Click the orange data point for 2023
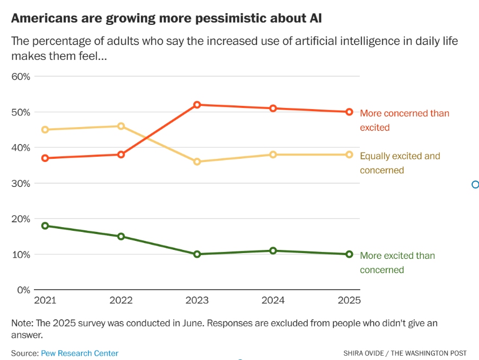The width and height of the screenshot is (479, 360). [197, 105]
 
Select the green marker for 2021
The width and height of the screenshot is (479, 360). [45, 226]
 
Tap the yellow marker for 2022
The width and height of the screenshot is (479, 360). [121, 126]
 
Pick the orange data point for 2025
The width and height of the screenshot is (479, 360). [349, 112]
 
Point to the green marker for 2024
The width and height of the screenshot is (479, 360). [273, 250]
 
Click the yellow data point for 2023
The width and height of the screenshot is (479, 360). [197, 161]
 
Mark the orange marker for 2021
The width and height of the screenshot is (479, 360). [45, 158]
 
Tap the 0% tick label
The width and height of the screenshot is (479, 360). [23, 290]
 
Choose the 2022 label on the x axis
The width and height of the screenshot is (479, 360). [121, 300]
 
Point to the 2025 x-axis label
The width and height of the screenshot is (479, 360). [349, 300]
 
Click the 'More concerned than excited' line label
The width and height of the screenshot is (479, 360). [404, 120]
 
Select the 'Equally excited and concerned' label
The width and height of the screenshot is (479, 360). [400, 163]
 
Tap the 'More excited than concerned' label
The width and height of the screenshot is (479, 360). [397, 263]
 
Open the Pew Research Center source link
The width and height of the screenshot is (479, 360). [79, 353]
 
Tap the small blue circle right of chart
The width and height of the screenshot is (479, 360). [475, 184]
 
